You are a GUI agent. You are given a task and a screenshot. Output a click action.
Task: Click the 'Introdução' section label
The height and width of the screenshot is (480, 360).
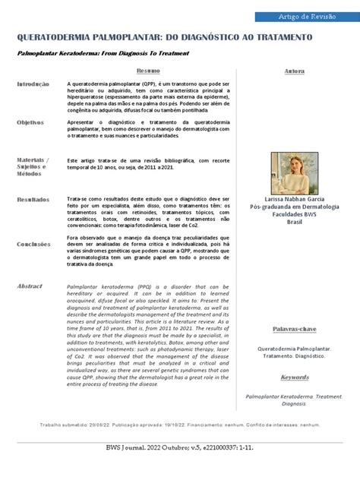(33, 84)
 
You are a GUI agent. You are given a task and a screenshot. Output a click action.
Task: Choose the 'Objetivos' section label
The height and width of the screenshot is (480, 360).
(31, 122)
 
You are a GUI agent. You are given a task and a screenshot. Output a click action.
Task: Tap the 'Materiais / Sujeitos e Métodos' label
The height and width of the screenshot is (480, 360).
(33, 166)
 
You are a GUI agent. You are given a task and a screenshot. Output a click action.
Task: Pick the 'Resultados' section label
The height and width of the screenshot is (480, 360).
(33, 199)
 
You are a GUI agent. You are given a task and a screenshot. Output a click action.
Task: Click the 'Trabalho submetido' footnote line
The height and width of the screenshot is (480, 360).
(179, 425)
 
